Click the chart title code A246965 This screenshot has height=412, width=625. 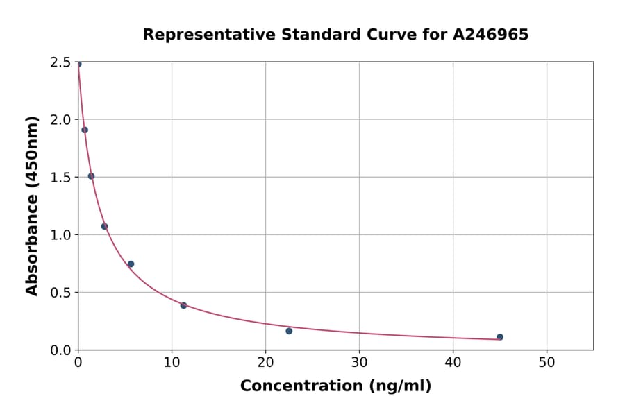[x=492, y=35]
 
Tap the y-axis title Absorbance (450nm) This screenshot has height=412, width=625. [x=32, y=206]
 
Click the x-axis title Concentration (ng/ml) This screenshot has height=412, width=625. [x=335, y=386]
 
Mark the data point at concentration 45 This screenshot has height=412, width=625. [x=500, y=337]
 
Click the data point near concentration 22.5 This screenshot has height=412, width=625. [x=289, y=331]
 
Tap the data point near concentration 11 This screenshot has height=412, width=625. [x=183, y=305]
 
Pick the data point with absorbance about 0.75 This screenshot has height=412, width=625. [x=131, y=264]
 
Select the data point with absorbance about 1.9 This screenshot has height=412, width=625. [x=85, y=130]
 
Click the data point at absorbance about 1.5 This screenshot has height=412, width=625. [x=91, y=176]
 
